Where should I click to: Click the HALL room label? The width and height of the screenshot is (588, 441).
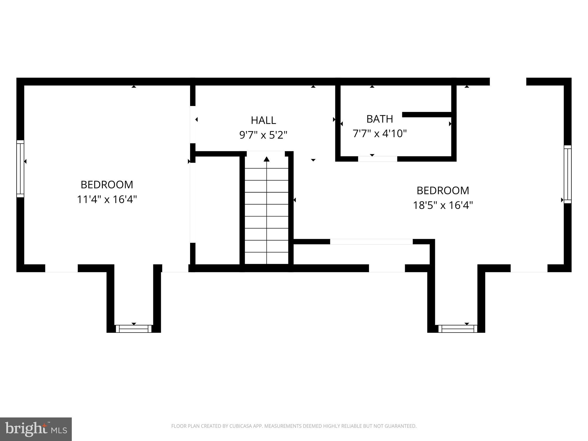(x=263, y=120)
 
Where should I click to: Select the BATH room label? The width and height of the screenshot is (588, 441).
(x=380, y=119)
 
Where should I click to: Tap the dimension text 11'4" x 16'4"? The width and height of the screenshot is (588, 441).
(x=107, y=199)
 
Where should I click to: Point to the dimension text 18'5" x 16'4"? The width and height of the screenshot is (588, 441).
(x=443, y=205)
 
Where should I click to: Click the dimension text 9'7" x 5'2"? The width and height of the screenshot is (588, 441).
(x=263, y=135)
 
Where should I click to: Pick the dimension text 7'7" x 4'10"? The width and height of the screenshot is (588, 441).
(x=380, y=134)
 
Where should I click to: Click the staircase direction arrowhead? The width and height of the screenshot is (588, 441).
(x=267, y=159)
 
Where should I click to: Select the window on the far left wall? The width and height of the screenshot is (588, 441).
(x=20, y=169)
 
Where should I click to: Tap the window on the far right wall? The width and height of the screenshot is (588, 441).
(x=567, y=174)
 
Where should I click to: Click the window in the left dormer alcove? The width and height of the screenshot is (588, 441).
(x=134, y=328)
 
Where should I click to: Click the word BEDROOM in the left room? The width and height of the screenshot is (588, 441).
(x=107, y=185)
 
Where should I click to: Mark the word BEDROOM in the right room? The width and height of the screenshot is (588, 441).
(x=443, y=191)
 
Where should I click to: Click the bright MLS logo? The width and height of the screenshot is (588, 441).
(x=36, y=429)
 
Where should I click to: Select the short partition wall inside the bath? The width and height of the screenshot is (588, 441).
(x=427, y=115)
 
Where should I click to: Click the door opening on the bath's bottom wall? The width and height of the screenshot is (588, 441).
(x=378, y=159)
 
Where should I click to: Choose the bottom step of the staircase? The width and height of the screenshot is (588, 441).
(x=267, y=258)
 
